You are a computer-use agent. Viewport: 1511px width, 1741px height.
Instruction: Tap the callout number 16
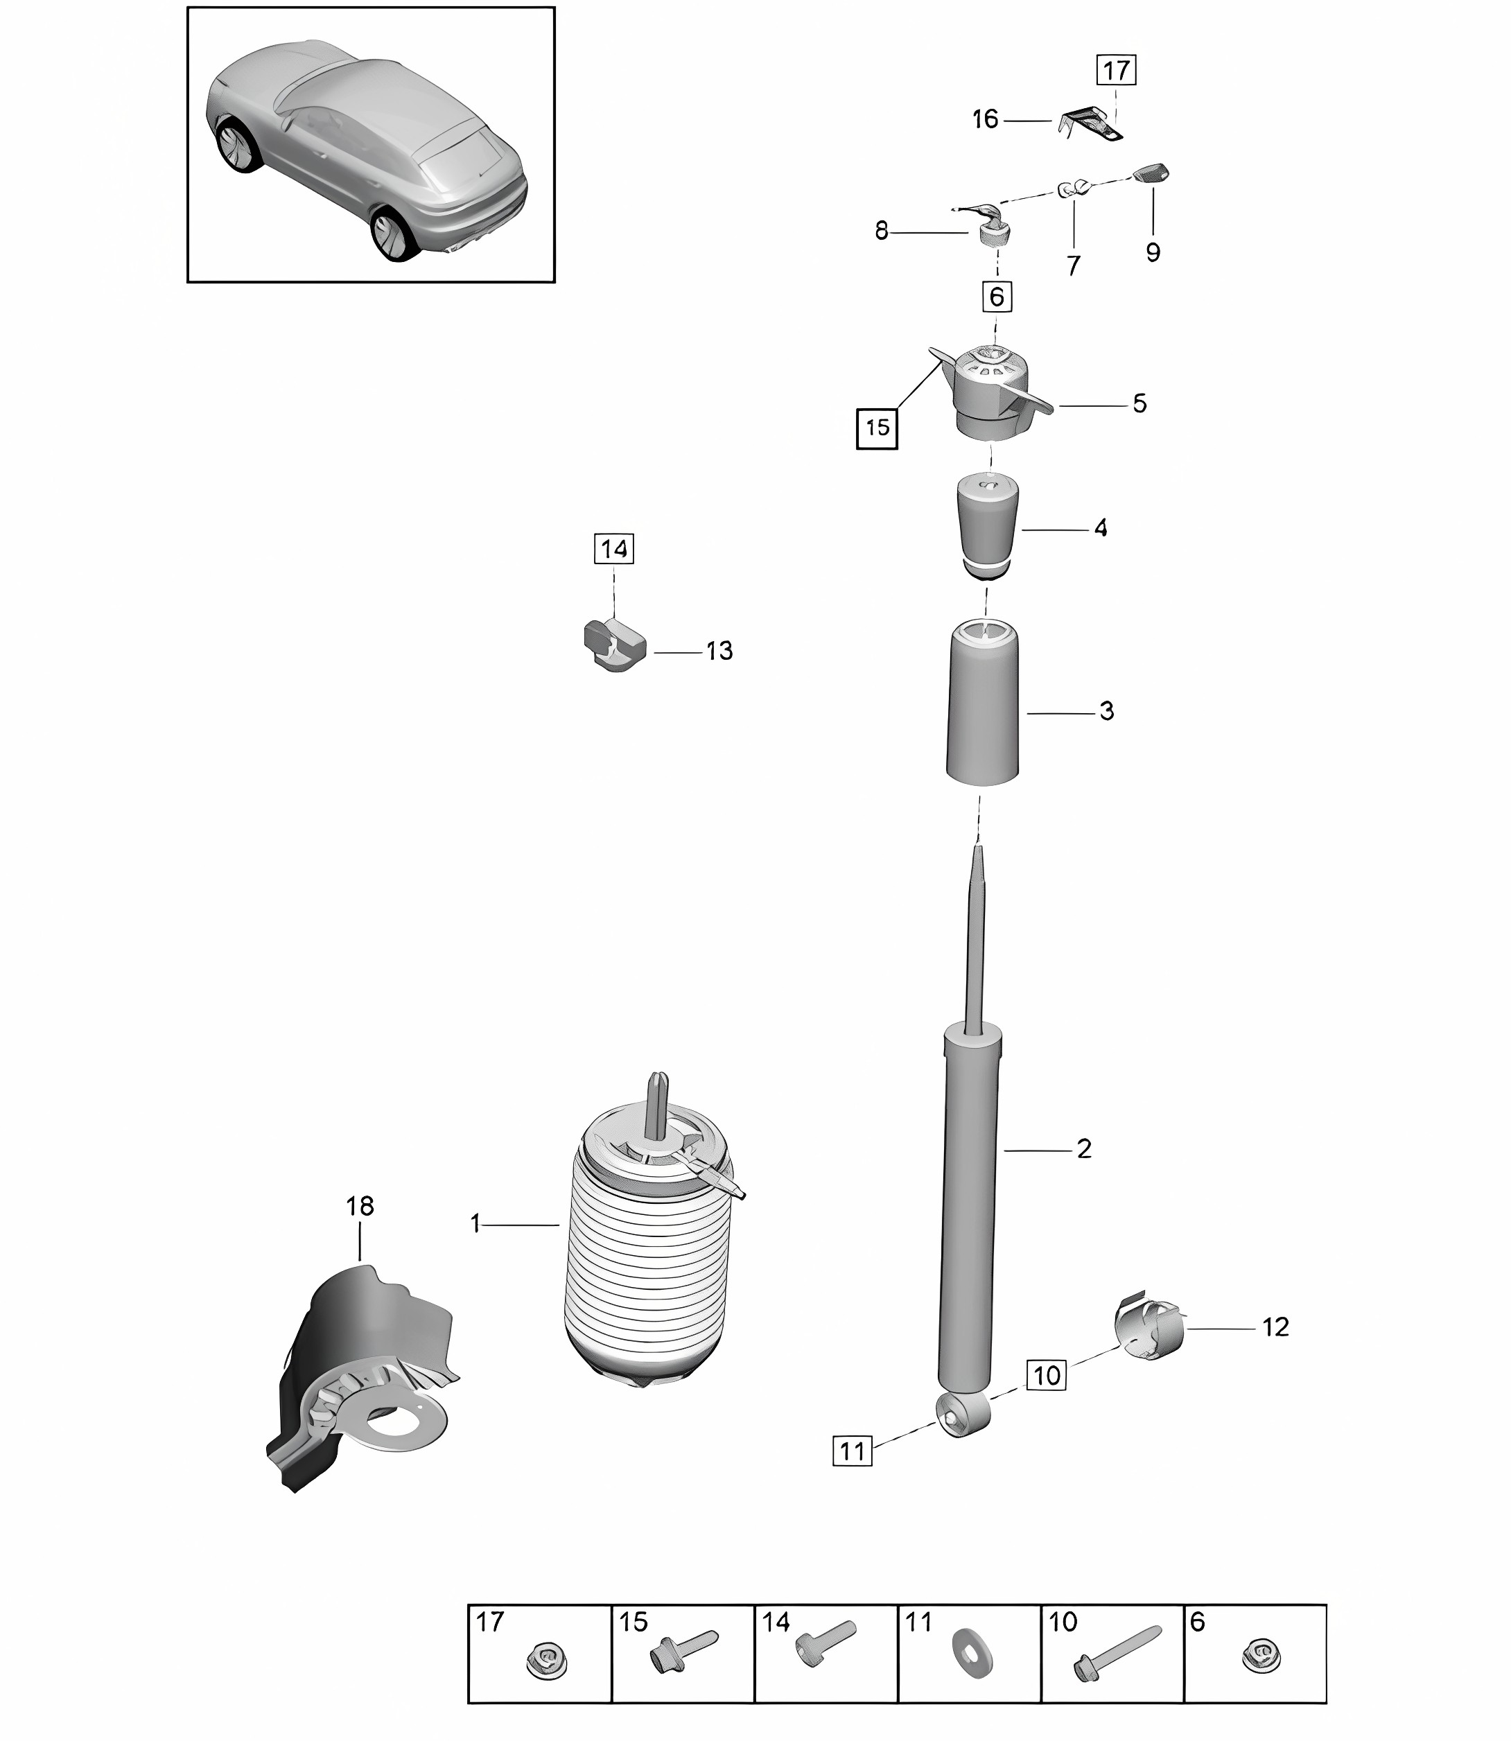[x=985, y=120]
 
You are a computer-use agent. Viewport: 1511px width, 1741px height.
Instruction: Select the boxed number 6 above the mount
[x=997, y=297]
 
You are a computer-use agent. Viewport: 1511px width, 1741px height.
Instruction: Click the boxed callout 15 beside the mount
[x=877, y=428]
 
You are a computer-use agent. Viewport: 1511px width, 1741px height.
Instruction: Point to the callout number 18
[x=360, y=1207]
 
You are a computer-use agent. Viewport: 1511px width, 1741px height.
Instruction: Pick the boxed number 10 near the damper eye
[x=1047, y=1375]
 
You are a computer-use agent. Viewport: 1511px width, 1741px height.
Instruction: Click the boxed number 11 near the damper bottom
[x=853, y=1451]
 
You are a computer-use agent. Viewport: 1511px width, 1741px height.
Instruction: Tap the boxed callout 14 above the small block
[x=614, y=549]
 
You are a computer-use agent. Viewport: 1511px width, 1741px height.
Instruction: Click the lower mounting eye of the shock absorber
[x=962, y=1414]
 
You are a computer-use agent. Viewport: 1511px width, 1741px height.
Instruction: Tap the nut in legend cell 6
[x=1261, y=1656]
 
